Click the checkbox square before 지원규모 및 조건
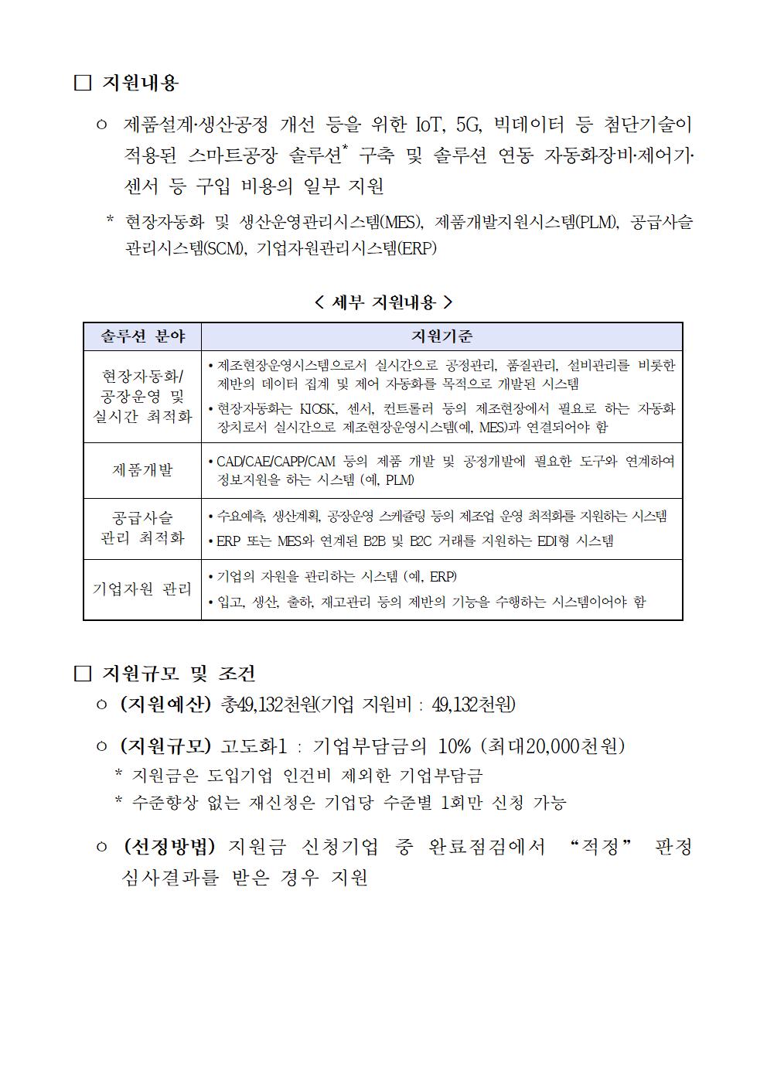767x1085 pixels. (x=83, y=674)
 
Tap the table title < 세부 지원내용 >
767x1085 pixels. (x=383, y=302)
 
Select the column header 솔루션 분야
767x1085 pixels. (x=143, y=336)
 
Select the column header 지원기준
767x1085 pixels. (x=441, y=336)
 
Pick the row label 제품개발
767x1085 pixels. (x=143, y=470)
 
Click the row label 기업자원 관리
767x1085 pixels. (x=143, y=589)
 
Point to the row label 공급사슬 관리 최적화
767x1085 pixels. (x=143, y=528)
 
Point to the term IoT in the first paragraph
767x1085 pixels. (x=428, y=125)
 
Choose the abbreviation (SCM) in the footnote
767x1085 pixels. (x=223, y=248)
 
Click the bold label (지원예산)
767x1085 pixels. (x=165, y=705)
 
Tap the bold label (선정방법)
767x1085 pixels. (x=169, y=847)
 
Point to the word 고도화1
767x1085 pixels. (x=254, y=746)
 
